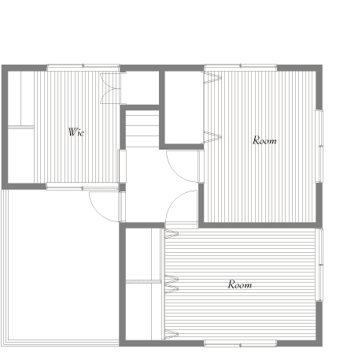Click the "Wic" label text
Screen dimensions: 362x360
tap(76, 132)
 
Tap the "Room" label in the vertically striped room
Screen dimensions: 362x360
tap(264, 140)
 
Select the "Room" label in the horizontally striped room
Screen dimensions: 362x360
tap(240, 284)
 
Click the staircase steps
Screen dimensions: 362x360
tap(142, 128)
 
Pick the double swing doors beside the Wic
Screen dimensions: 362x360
tap(110, 88)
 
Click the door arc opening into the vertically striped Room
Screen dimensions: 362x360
tap(175, 174)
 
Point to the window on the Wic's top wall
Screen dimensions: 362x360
tap(83, 67)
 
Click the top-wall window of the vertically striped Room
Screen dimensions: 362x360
tap(241, 67)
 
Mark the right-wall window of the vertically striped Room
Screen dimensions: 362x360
tap(320, 146)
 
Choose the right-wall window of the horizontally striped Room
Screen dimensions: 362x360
tap(320, 265)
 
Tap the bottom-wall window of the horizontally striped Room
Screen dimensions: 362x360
tap(240, 343)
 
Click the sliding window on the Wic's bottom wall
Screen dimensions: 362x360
tap(83, 187)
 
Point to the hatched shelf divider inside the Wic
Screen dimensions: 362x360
tap(21, 127)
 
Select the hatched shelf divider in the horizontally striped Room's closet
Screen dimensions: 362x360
tap(143, 281)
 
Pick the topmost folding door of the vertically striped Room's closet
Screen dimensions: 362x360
tap(212, 78)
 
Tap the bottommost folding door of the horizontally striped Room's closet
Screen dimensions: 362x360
tap(172, 334)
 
